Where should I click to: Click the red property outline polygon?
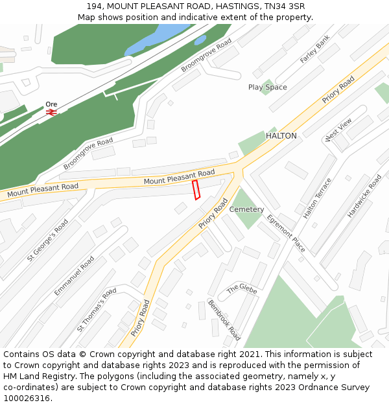[196, 190]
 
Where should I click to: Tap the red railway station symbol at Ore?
[51, 112]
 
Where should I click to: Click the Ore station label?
[51, 104]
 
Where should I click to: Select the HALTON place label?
[281, 136]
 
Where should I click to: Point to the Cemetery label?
[246, 209]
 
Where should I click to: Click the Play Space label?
[267, 87]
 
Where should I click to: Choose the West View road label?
[338, 129]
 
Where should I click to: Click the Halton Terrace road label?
[317, 198]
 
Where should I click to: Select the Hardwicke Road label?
[364, 195]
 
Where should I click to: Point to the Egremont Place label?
[286, 233]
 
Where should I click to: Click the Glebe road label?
[242, 288]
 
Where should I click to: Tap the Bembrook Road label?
[224, 319]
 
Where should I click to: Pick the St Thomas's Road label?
[97, 310]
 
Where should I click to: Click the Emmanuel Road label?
[74, 276]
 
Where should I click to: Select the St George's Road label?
[47, 240]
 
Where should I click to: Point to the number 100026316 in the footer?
[26, 398]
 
